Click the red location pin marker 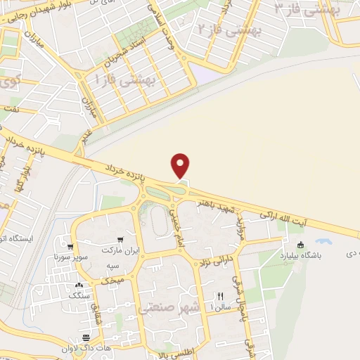coord(181,166)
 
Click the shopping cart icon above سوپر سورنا coord(71,247)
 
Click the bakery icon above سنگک coord(78,285)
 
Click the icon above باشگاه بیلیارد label coord(301,245)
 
